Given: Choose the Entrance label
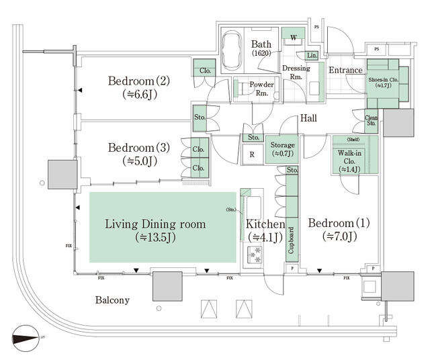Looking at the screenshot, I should point(345,70).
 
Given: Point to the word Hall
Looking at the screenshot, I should point(308,118).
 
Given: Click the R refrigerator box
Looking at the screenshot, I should point(251,154).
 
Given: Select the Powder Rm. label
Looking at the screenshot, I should point(261,89).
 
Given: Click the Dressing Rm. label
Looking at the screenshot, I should point(296,71).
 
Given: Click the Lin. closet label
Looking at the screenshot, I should point(312,55).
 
